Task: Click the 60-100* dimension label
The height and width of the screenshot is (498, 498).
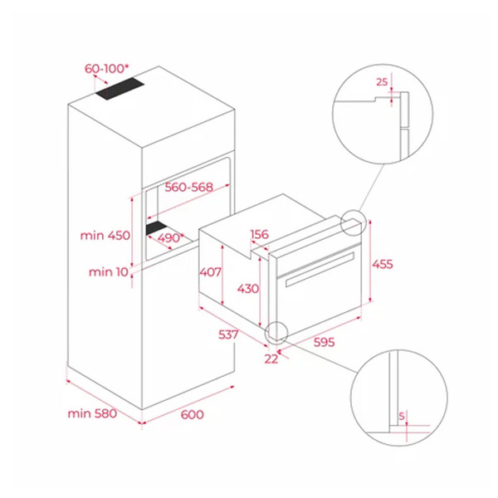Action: coord(107,69)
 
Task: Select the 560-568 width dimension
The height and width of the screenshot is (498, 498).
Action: coord(188,187)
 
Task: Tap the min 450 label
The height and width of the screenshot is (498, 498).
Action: coord(105,236)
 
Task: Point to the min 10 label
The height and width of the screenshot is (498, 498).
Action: coord(108,272)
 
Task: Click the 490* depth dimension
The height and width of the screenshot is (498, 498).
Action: coord(171,237)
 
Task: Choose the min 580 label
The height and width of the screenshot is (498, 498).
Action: coord(92,413)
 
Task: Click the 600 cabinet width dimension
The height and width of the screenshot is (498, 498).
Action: coord(193,414)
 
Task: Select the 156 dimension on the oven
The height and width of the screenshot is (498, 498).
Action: coord(260,234)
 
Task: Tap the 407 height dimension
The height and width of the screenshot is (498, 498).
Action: coord(210,272)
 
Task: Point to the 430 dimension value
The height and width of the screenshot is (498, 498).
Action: coord(248,289)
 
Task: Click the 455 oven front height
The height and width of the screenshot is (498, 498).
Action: coord(383,264)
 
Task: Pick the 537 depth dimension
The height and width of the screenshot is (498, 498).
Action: coord(228,334)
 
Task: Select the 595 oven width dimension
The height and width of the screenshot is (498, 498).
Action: coord(324,342)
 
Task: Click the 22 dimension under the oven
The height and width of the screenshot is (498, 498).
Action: coord(271,359)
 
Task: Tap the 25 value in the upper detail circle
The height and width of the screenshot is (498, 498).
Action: coord(382,82)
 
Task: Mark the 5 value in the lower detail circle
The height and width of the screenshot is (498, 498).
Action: coord(402,416)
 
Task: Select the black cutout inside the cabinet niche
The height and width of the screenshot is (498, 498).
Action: coord(157,227)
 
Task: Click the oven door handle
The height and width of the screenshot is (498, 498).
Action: coord(320,269)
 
